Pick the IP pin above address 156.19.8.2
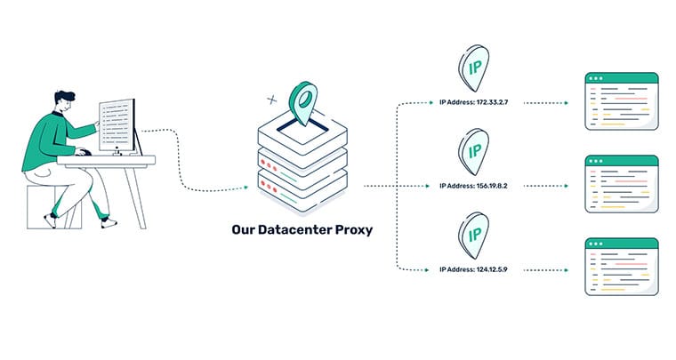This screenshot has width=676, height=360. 474,150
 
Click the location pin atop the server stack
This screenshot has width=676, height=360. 303,102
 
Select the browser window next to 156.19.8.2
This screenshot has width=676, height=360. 621,184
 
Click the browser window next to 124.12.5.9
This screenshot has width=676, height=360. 621,267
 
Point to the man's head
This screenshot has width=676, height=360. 63,102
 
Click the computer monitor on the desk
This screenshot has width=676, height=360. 118,125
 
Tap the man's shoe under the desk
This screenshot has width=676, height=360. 107,220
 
